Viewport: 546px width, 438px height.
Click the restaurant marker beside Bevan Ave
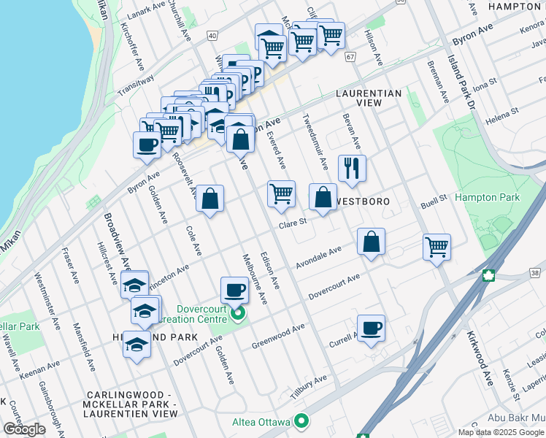click(353, 168)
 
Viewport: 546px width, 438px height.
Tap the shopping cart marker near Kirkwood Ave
click(437, 247)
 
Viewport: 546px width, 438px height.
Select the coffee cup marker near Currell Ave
click(371, 328)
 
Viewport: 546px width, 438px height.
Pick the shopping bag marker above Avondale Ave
click(372, 242)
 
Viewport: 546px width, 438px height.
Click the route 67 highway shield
click(350, 57)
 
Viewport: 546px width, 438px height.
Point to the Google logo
click(24, 429)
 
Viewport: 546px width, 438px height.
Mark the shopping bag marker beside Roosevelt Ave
click(209, 199)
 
